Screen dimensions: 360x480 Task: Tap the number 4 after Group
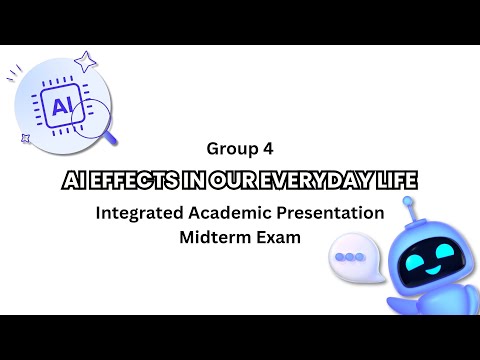pos(267,149)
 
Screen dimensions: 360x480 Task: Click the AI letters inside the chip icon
pos(59,103)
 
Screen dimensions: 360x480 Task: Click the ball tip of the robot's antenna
pos(407,203)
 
